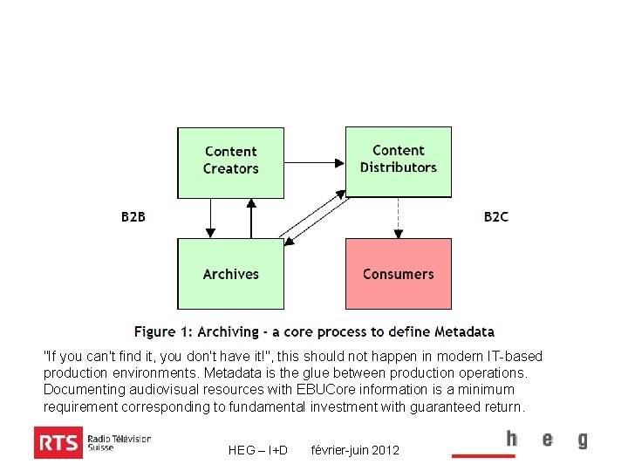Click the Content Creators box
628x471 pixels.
[230, 162]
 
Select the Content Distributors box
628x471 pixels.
[399, 161]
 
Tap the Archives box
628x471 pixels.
[230, 274]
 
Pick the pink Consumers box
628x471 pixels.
[399, 274]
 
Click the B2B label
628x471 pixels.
[133, 216]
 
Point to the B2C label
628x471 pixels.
[496, 216]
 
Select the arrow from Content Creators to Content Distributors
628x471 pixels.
[314, 162]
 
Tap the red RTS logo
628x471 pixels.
[58, 443]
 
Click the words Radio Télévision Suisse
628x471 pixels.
[119, 443]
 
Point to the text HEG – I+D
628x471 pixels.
[258, 450]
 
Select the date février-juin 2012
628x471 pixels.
[355, 450]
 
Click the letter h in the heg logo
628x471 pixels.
[512, 439]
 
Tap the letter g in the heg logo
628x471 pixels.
[582, 440]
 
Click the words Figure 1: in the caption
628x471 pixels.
[163, 332]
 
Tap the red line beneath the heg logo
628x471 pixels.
[482, 455]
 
